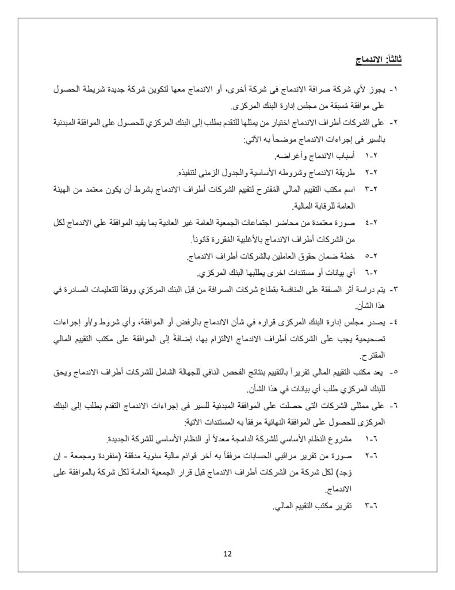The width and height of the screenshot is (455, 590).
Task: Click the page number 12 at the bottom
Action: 227,554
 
